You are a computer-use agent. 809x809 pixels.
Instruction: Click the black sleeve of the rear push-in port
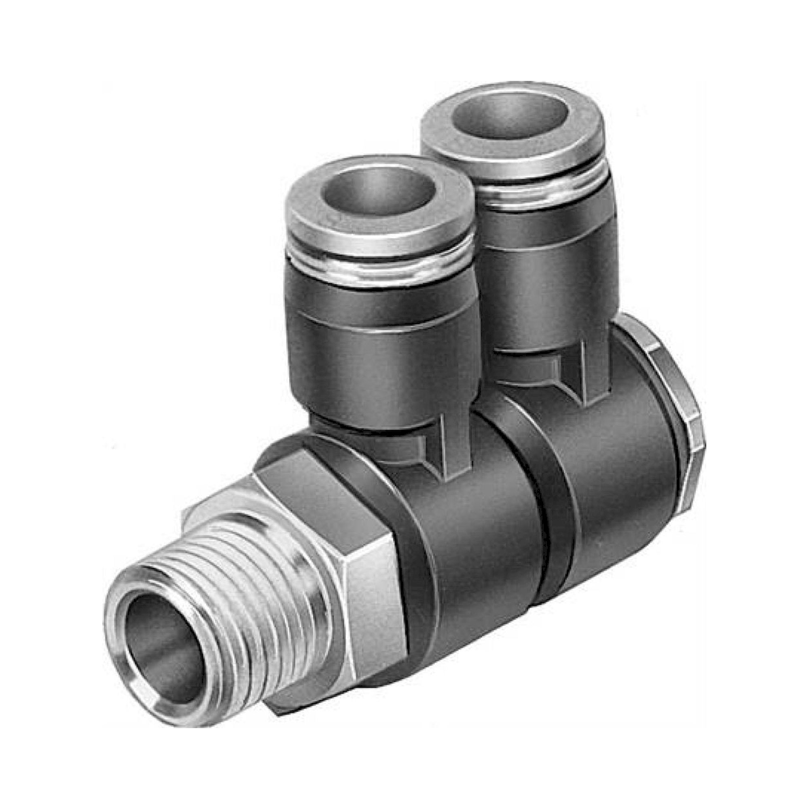coord(544,268)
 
